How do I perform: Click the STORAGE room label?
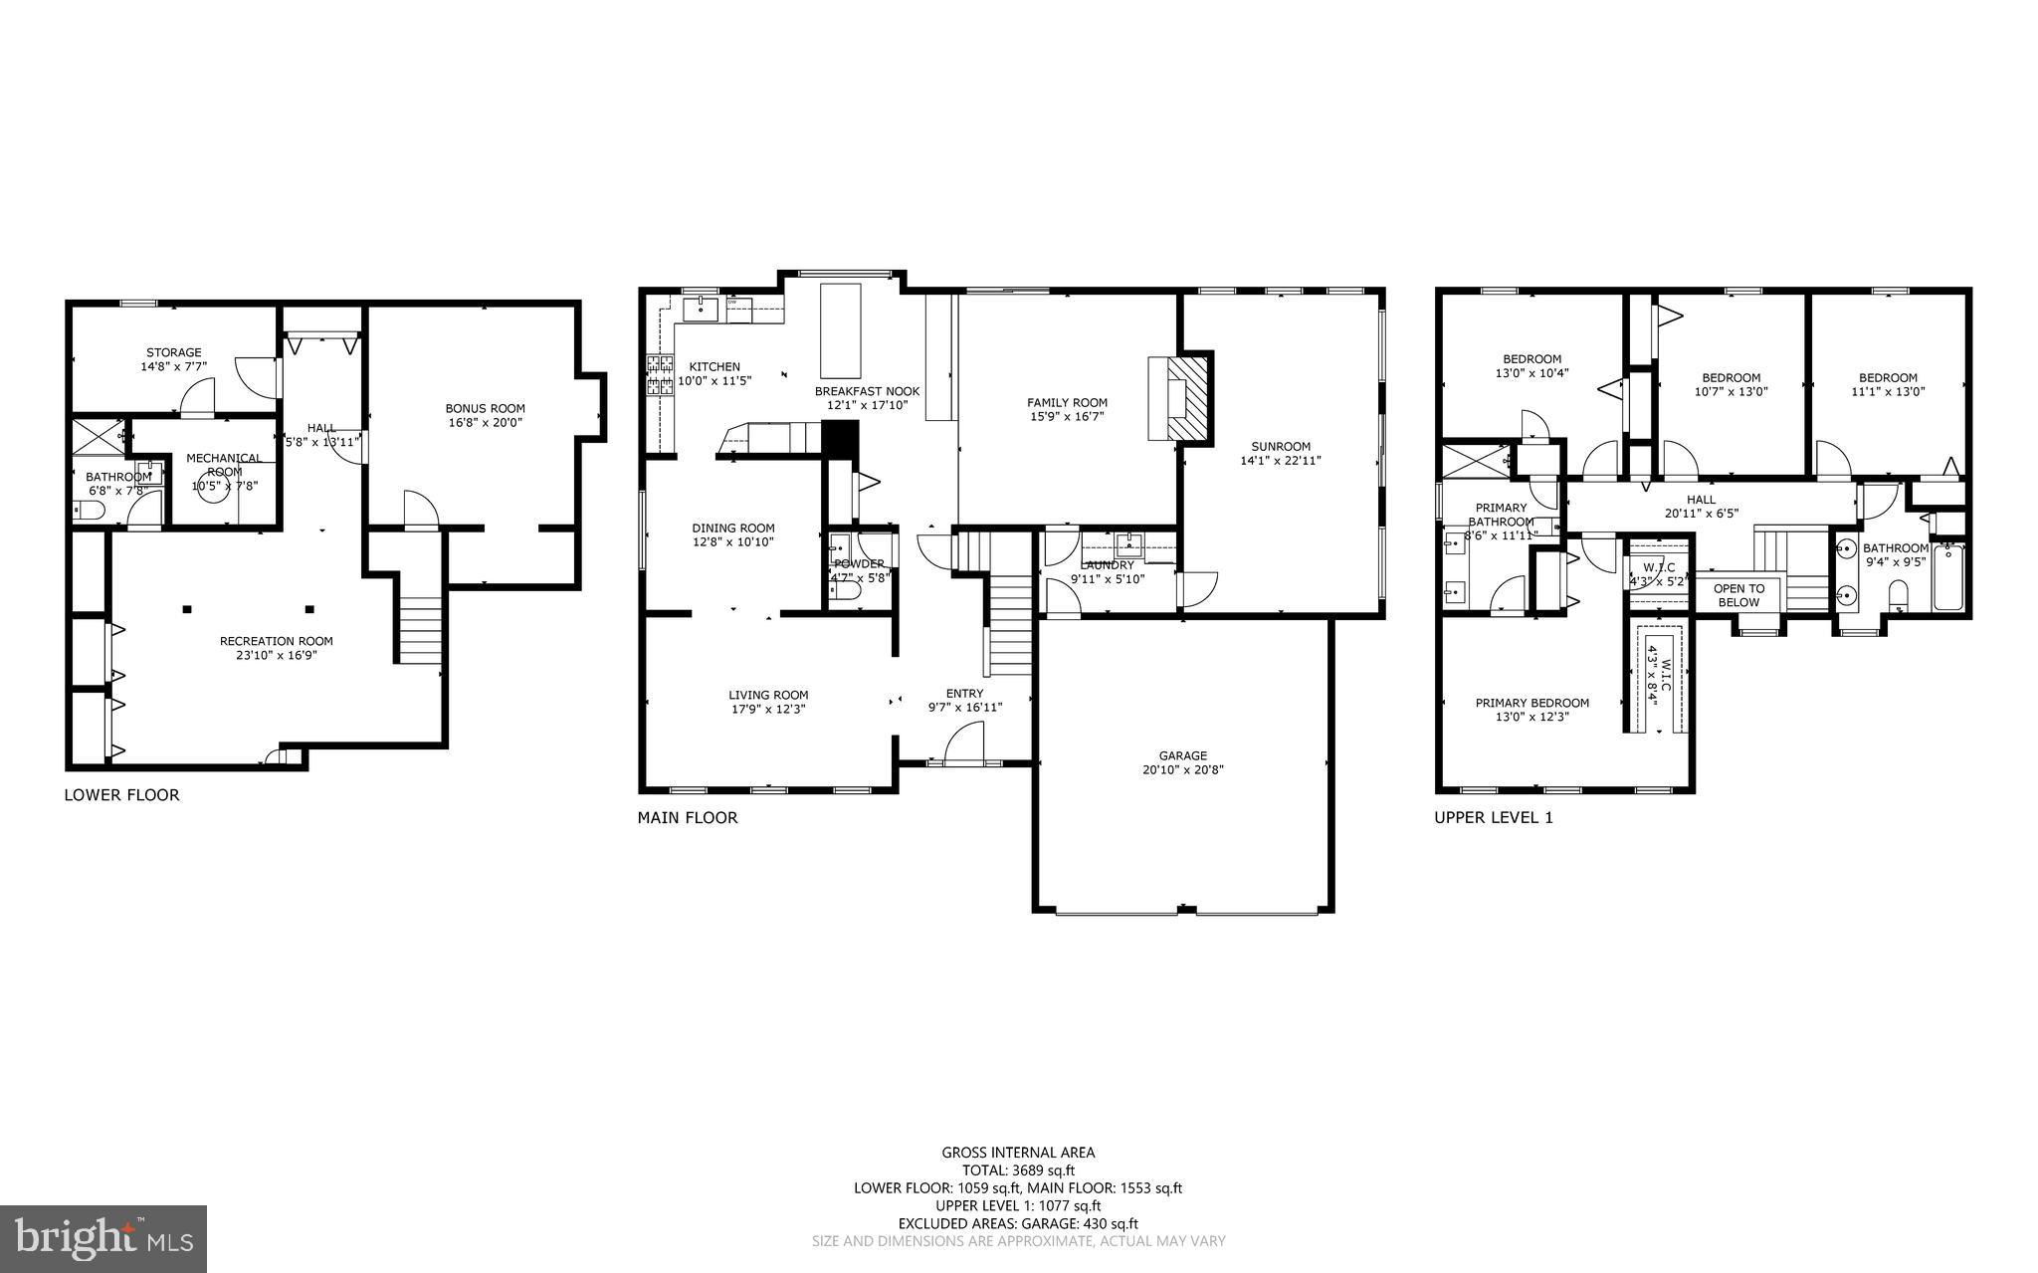pos(173,352)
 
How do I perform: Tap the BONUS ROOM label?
pos(485,408)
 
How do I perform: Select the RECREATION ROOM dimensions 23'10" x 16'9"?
pos(276,655)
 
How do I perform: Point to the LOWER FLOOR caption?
pos(121,795)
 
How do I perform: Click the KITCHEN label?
pos(713,366)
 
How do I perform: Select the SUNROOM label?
pos(1280,446)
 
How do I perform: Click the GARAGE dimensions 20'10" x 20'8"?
pos(1182,769)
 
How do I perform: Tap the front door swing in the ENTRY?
pos(962,744)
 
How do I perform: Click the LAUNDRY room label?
pos(1107,564)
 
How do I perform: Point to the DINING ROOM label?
pos(732,528)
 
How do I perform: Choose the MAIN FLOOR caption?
pos(688,818)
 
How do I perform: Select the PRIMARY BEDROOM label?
pos(1531,703)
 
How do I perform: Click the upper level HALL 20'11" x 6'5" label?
pos(1701,500)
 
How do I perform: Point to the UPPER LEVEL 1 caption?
pos(1493,818)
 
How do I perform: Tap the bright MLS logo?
pos(102,1238)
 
